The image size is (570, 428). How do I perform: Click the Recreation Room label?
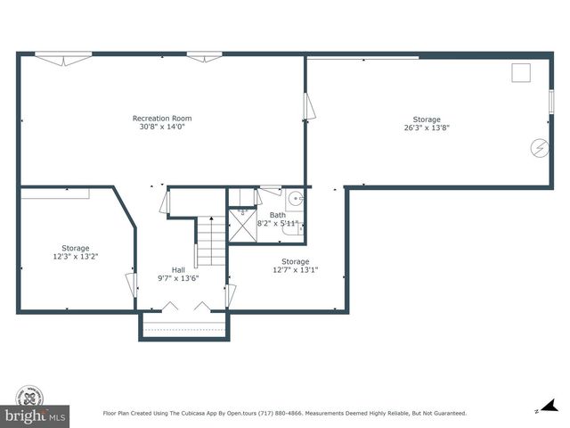coord(161,119)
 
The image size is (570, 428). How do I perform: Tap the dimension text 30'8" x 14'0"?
coord(161,127)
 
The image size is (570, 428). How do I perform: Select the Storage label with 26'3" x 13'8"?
coord(426,119)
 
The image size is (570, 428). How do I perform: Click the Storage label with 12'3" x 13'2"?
coord(75,248)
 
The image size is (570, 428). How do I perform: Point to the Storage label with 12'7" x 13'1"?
coord(296,262)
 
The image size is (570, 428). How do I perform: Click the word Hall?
coord(178,269)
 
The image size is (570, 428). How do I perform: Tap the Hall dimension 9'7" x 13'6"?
coord(178,277)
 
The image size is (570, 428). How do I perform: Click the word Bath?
coord(278,215)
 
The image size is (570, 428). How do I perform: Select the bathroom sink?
coord(295,198)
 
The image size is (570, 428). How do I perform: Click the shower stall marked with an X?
coord(242,226)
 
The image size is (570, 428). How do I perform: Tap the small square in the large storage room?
coord(521,72)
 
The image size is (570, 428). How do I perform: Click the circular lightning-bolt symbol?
coord(540,147)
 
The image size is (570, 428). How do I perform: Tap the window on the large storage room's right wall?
coord(551,100)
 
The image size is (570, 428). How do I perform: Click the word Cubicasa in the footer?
coord(193,414)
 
